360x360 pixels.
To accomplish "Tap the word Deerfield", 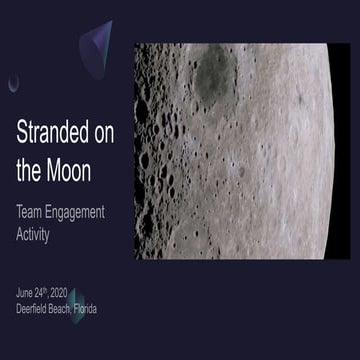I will pos(36,309).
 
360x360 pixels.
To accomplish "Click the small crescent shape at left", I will pos(13,83).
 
